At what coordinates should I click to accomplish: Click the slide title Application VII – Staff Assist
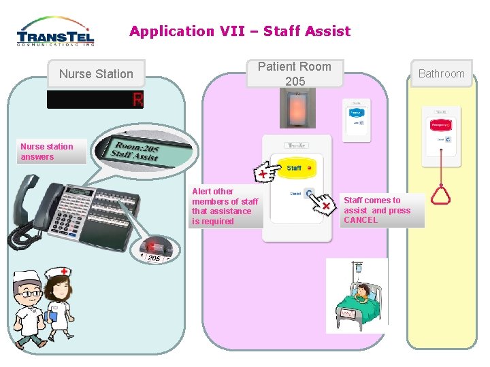click(x=240, y=31)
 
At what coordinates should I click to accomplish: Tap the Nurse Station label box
click(x=96, y=73)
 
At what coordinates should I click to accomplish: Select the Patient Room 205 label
click(x=294, y=73)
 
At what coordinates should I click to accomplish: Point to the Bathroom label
click(x=441, y=73)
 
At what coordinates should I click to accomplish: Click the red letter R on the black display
click(x=137, y=100)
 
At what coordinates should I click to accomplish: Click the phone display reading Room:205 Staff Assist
click(x=136, y=152)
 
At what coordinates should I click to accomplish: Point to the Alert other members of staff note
click(x=225, y=207)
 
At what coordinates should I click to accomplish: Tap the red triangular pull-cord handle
click(x=441, y=196)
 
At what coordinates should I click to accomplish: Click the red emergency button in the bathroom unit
click(x=440, y=124)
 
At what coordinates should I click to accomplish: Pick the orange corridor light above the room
click(x=297, y=109)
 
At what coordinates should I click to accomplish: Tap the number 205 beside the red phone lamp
click(x=154, y=258)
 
